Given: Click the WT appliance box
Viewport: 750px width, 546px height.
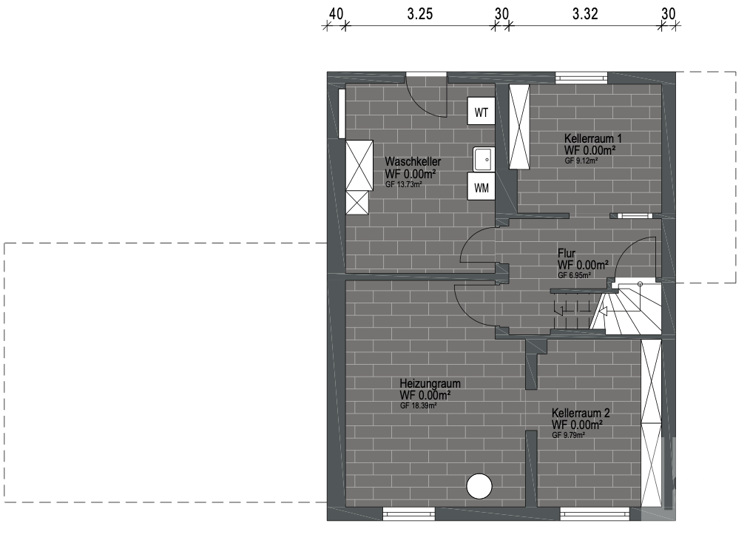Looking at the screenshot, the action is click(x=482, y=111).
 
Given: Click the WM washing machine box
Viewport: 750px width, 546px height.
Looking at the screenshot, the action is click(x=482, y=186).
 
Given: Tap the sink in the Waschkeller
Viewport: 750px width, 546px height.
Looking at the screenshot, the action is click(x=483, y=159).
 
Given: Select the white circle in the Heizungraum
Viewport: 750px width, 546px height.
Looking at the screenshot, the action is click(x=479, y=487).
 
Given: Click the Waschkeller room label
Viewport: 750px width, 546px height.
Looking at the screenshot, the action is click(x=413, y=161).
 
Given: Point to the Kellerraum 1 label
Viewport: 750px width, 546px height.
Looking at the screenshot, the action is click(x=592, y=138).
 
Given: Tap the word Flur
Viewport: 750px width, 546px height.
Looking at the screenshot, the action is click(x=567, y=253).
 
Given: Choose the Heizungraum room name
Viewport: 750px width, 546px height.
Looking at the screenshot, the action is click(x=430, y=383).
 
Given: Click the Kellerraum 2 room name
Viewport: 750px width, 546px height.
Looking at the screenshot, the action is click(x=581, y=413).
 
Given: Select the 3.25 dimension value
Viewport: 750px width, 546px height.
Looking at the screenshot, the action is click(x=420, y=14).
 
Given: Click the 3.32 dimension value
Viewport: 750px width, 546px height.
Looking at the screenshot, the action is click(x=585, y=14).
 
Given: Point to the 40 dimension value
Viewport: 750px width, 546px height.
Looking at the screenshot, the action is click(x=336, y=14).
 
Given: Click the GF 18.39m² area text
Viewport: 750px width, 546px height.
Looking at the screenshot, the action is click(x=419, y=405).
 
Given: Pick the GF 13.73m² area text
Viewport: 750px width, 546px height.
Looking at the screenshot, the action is click(x=404, y=184).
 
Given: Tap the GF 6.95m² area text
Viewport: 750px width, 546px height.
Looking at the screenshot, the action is click(x=575, y=276).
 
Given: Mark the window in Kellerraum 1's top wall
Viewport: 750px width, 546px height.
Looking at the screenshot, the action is click(x=581, y=78).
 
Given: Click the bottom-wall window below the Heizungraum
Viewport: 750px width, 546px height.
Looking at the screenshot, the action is click(x=409, y=514).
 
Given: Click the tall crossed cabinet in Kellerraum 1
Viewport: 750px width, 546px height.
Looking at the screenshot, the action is click(x=519, y=127).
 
